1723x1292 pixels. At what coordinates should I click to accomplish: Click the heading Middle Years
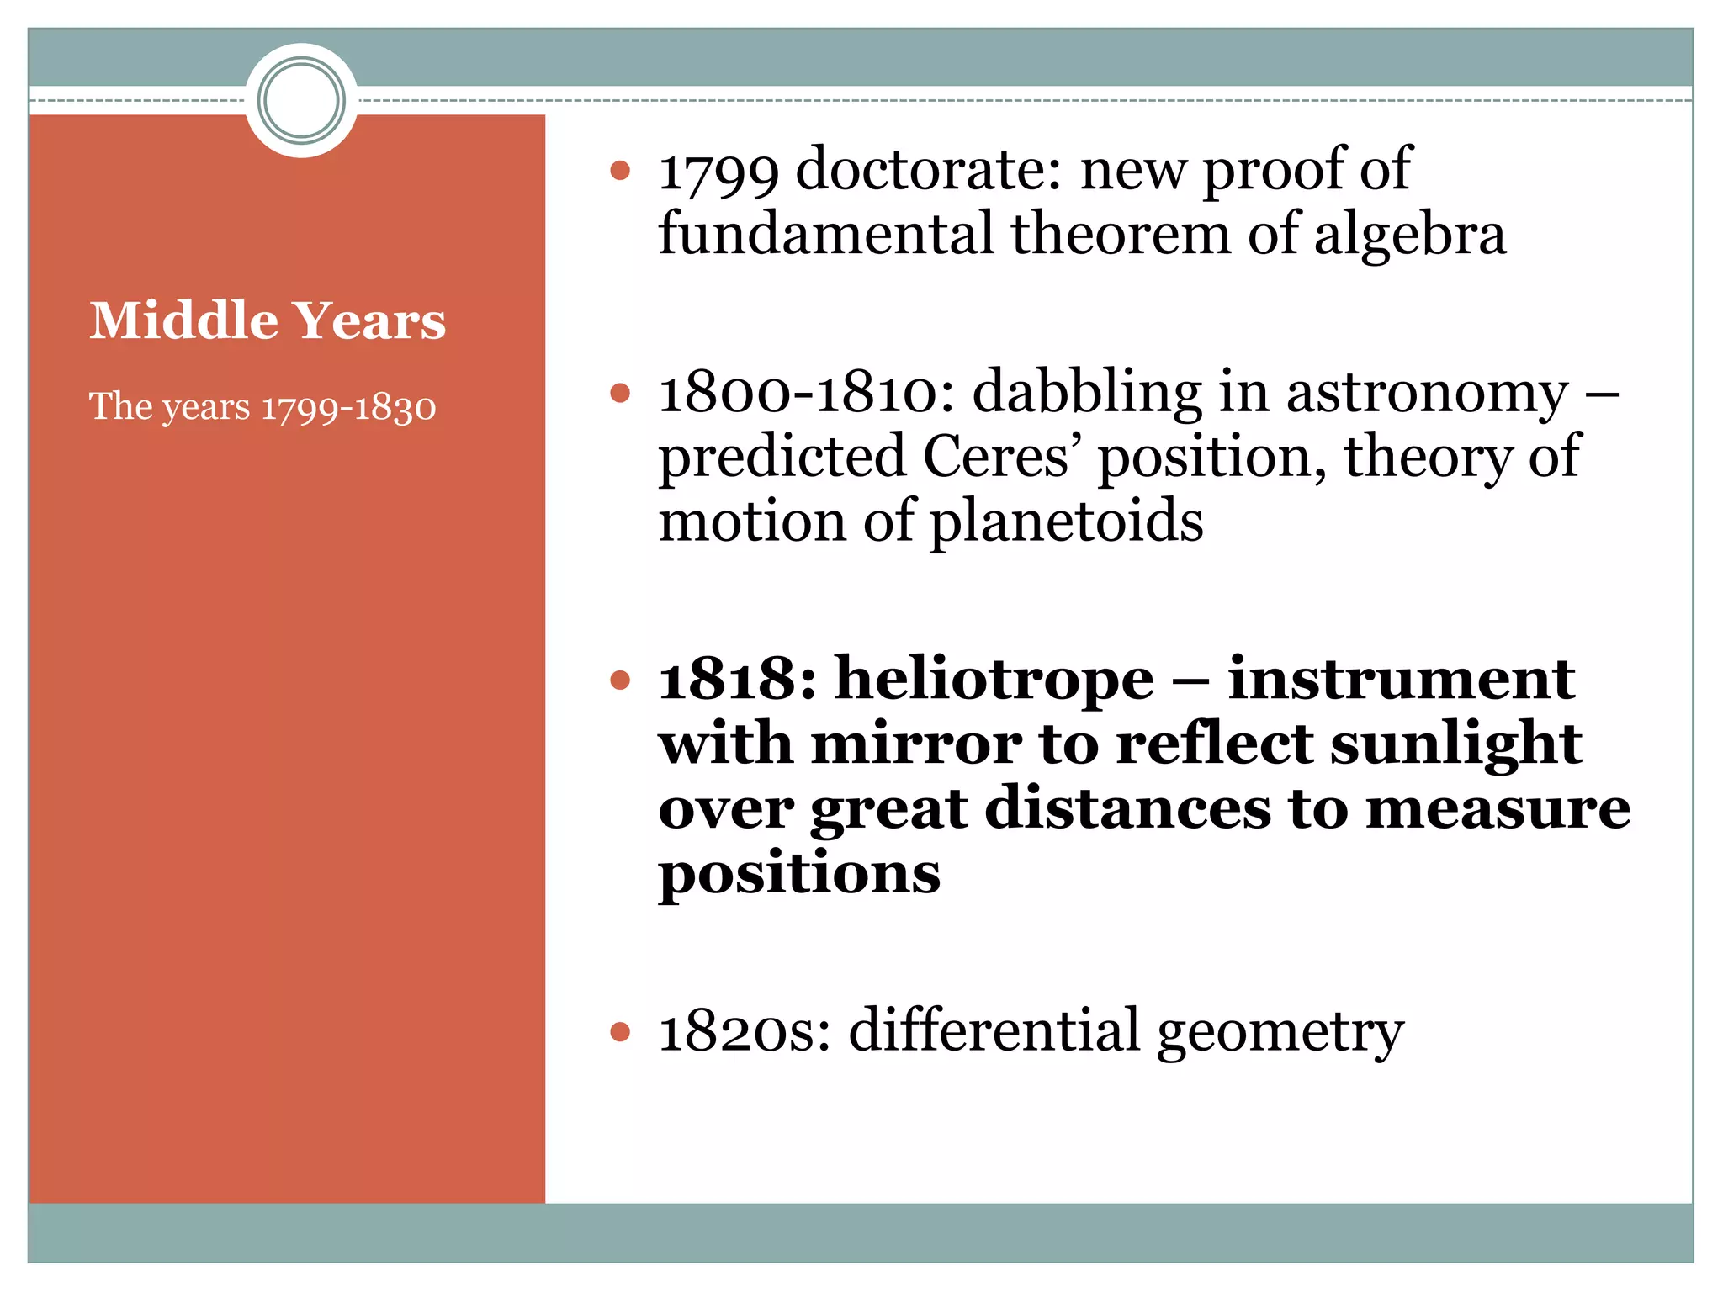[x=268, y=320]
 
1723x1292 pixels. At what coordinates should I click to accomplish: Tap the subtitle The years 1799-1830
[x=262, y=407]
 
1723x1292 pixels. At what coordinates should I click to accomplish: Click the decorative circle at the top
[x=301, y=100]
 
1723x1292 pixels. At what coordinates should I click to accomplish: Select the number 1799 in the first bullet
[x=718, y=171]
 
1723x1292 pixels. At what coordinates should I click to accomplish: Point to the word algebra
[x=1409, y=235]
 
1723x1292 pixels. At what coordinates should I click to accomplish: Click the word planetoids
[x=1066, y=522]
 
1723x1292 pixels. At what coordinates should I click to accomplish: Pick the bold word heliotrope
[x=994, y=679]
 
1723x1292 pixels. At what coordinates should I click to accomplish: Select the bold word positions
[x=799, y=875]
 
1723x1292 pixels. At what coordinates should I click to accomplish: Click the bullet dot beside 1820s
[x=620, y=1031]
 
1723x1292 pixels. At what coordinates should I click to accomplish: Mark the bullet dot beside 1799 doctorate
[x=620, y=171]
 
